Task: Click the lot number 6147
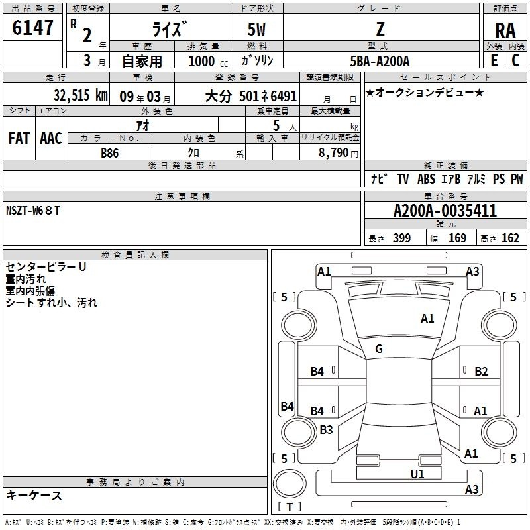pos(32,28)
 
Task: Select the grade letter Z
pos(380,29)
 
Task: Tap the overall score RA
pos(505,30)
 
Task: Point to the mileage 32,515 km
pos(81,95)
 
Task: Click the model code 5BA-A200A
pos(380,61)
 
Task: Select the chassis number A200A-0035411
pos(445,211)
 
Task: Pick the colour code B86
pos(110,153)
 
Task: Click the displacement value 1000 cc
pos(208,61)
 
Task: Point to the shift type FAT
pos(19,138)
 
